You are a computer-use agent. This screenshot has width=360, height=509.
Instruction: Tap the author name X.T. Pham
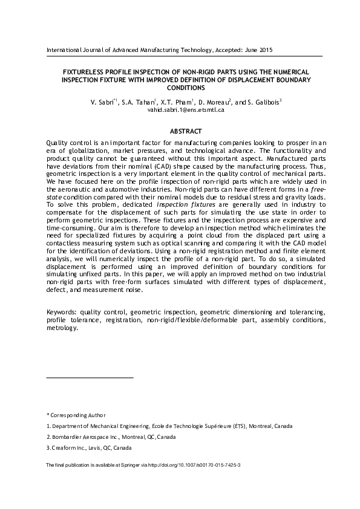[x=177, y=103]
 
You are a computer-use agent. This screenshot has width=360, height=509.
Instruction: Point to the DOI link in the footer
[x=200, y=466]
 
